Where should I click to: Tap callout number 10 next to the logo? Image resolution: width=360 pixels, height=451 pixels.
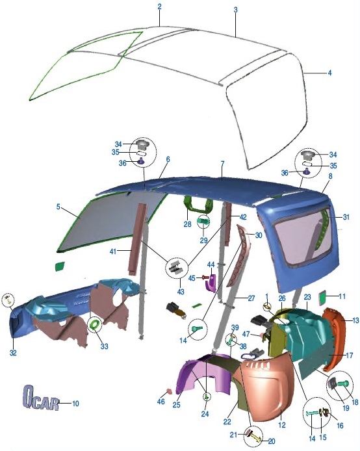tap(75, 404)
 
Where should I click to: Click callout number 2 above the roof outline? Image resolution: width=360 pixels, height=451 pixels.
tap(160, 6)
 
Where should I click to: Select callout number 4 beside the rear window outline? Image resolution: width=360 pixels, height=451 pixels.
tap(330, 73)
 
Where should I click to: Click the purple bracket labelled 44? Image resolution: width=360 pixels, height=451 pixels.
tap(211, 283)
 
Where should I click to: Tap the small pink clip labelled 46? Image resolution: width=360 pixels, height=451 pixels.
tap(169, 391)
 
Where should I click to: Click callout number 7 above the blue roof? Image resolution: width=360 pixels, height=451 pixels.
tap(222, 164)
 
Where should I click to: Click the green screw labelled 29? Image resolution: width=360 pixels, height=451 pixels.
tap(203, 222)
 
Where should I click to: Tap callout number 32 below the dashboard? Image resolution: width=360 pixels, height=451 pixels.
tap(13, 353)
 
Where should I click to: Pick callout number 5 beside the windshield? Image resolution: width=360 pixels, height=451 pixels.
tap(58, 207)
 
